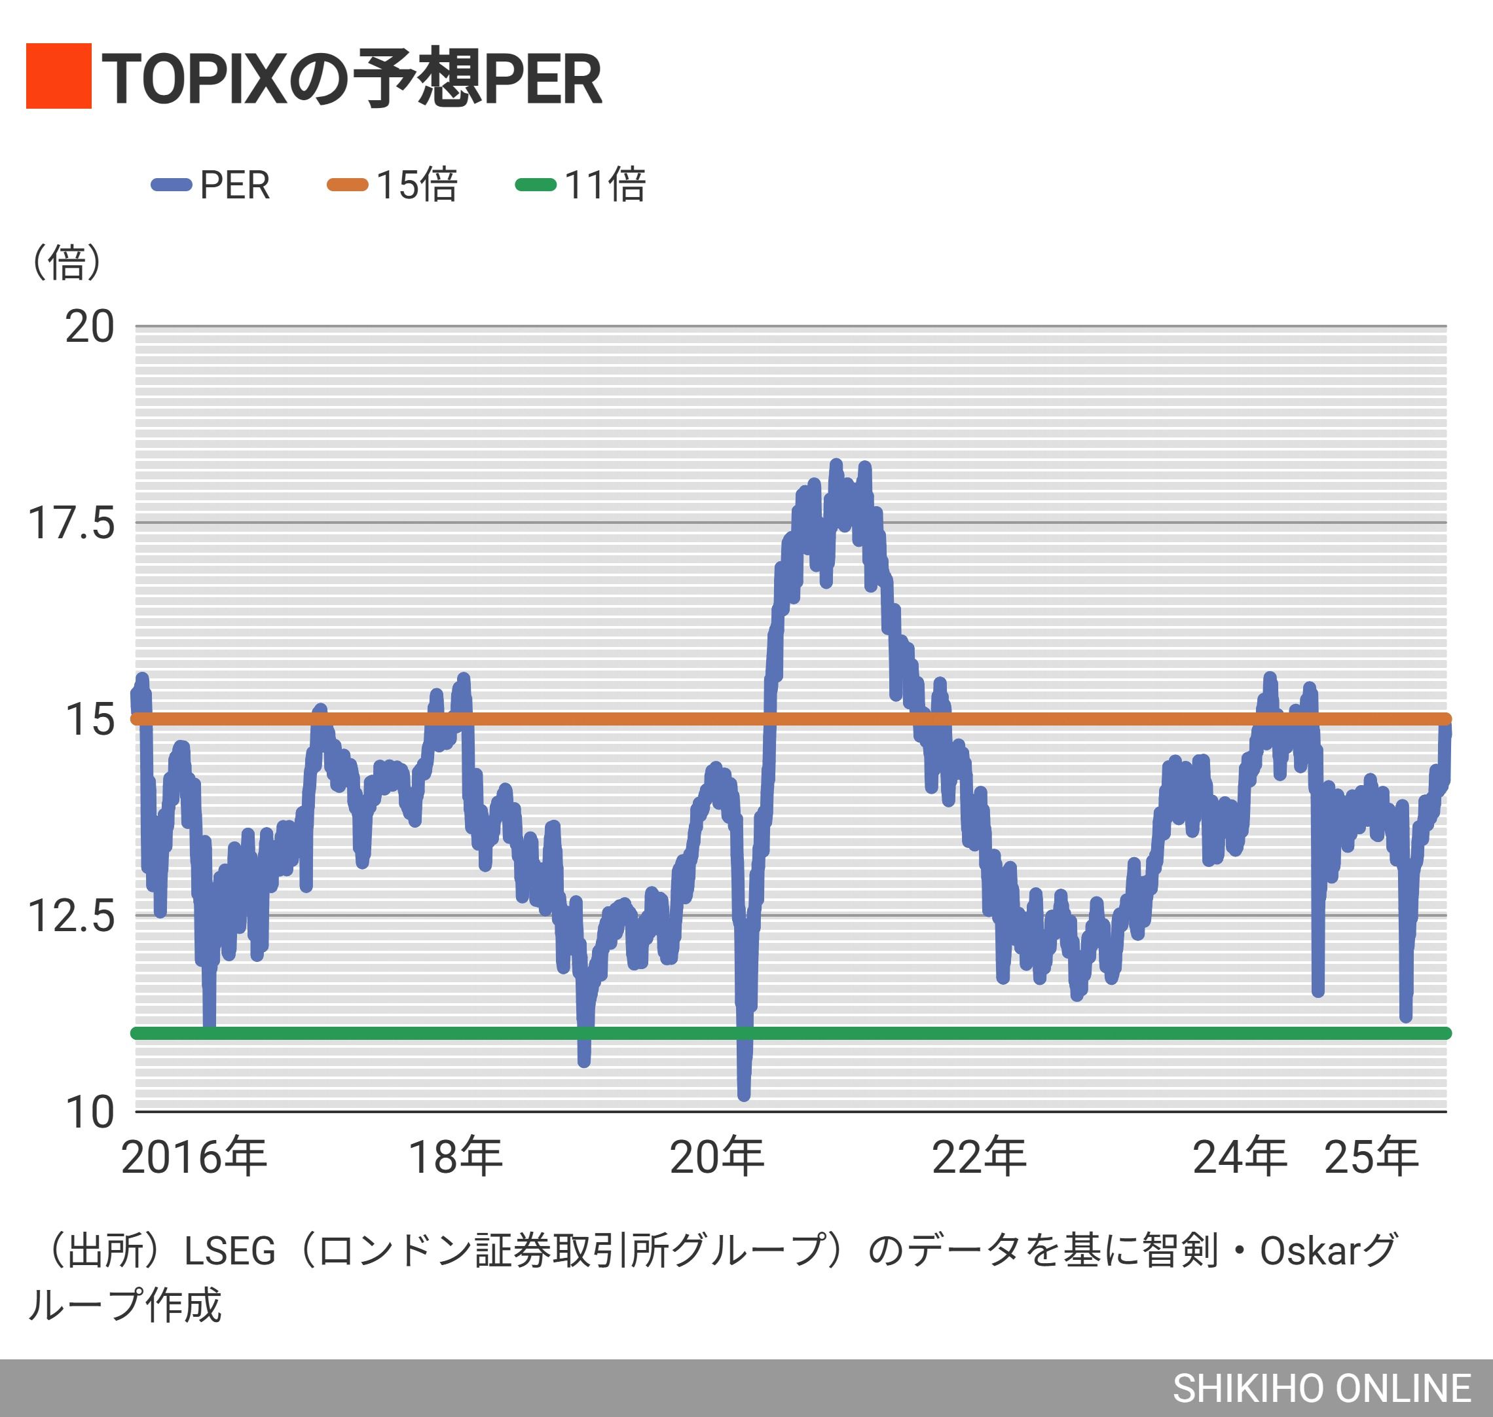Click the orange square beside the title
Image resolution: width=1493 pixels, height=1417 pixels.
tap(59, 77)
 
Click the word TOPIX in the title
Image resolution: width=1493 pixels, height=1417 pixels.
tap(195, 79)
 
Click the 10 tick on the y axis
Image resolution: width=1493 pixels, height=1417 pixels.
tap(89, 1113)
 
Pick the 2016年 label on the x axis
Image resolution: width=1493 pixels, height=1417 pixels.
tap(194, 1157)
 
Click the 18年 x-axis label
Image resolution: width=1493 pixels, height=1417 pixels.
tap(455, 1157)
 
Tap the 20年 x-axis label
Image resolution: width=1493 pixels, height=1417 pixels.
tap(716, 1157)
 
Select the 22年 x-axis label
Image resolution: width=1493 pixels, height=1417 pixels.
tap(979, 1157)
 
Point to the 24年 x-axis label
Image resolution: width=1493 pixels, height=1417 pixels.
tap(1240, 1157)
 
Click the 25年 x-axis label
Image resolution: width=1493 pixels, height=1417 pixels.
tap(1371, 1157)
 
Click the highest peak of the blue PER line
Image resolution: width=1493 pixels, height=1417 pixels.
tap(836, 464)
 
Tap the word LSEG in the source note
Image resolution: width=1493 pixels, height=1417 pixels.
tap(230, 1251)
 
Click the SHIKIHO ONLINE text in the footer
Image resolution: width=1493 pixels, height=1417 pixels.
tap(1321, 1388)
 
